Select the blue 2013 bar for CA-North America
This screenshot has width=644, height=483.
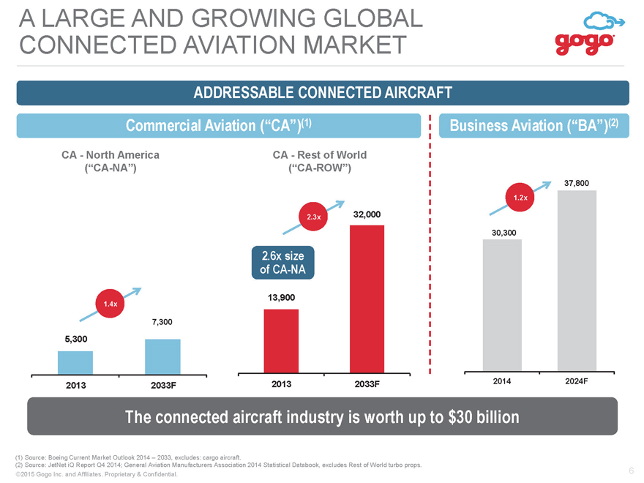coord(75,363)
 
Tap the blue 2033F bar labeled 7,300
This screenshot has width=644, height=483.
coord(162,357)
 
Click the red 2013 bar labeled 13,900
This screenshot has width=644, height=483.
coord(281,341)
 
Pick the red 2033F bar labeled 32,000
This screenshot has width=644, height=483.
coord(367,299)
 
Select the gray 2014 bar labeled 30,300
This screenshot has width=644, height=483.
coord(502,305)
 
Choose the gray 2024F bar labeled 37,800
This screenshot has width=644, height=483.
coord(577,281)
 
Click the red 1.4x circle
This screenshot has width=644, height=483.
coord(110,304)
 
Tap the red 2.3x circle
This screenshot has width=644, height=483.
coord(314,217)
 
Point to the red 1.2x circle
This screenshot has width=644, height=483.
coord(520,197)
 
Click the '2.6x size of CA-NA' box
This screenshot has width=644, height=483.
coord(283,263)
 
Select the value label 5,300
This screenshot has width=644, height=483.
coord(76,339)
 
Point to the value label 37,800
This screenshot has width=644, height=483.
coord(577,183)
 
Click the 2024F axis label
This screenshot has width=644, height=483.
coord(576,381)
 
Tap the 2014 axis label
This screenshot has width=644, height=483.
coord(502,381)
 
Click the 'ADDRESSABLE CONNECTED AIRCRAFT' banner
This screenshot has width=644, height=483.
coord(323,93)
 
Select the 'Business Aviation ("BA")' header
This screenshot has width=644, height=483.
coord(534,125)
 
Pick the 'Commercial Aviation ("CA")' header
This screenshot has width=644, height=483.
coord(219,125)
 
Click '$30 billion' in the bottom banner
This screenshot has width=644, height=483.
coord(484,417)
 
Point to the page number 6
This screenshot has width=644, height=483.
coord(632,471)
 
